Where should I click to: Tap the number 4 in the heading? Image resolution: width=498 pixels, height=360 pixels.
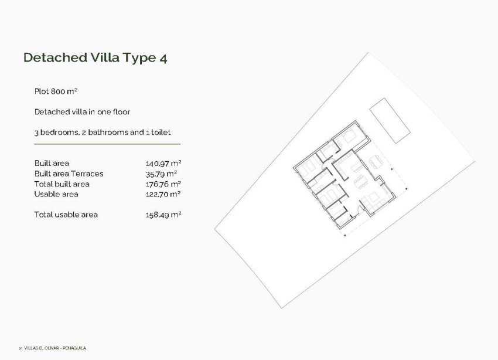(163, 57)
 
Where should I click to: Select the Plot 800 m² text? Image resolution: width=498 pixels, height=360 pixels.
(56, 91)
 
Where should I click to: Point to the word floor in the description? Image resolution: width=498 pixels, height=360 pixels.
(118, 111)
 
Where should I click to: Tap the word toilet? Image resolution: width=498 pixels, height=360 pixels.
(161, 133)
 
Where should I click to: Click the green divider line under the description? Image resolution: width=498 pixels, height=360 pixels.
(107, 144)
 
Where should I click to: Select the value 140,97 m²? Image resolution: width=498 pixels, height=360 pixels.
(163, 163)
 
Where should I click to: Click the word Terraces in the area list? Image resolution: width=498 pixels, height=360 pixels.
(87, 174)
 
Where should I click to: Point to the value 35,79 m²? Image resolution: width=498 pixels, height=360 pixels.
(161, 174)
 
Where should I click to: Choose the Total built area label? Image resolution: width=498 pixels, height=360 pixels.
(62, 184)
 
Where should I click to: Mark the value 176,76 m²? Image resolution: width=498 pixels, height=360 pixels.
(163, 184)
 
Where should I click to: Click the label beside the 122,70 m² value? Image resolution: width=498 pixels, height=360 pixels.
(56, 194)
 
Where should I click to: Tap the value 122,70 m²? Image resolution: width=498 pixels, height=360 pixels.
(163, 194)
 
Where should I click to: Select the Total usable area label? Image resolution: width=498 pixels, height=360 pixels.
(66, 215)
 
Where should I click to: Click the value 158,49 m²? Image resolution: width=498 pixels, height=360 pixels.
(163, 215)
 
